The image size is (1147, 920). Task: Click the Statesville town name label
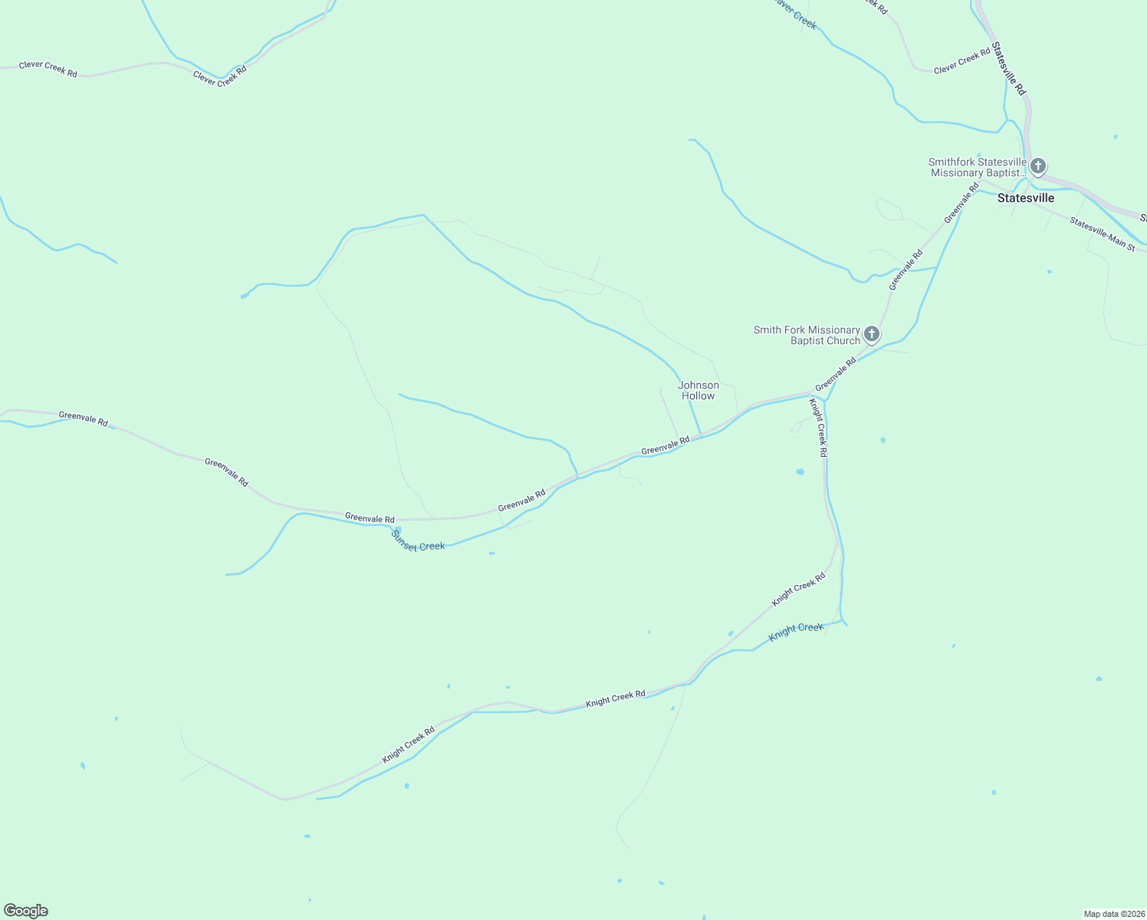click(1025, 198)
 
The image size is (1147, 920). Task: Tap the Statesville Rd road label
click(1008, 68)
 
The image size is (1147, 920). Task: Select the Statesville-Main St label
click(1102, 235)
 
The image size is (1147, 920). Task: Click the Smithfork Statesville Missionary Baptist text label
click(977, 167)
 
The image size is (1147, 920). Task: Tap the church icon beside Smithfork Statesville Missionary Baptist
click(1037, 166)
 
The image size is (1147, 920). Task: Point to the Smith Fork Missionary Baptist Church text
click(807, 335)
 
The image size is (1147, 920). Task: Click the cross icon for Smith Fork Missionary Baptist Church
click(871, 334)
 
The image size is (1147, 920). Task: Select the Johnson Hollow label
click(698, 390)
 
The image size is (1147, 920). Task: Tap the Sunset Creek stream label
click(418, 540)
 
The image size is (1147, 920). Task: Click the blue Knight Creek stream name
click(796, 629)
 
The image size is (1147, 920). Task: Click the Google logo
click(26, 911)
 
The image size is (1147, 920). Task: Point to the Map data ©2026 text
click(1113, 914)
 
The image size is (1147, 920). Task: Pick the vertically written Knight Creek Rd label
click(819, 428)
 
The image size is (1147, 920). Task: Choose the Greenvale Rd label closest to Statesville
click(961, 202)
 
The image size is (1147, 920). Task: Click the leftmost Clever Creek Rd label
click(48, 68)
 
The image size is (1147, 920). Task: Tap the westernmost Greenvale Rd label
click(83, 419)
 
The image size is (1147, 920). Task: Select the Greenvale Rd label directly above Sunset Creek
click(370, 518)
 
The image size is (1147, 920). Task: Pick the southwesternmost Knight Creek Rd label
click(409, 744)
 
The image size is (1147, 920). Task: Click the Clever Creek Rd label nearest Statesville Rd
click(961, 61)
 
